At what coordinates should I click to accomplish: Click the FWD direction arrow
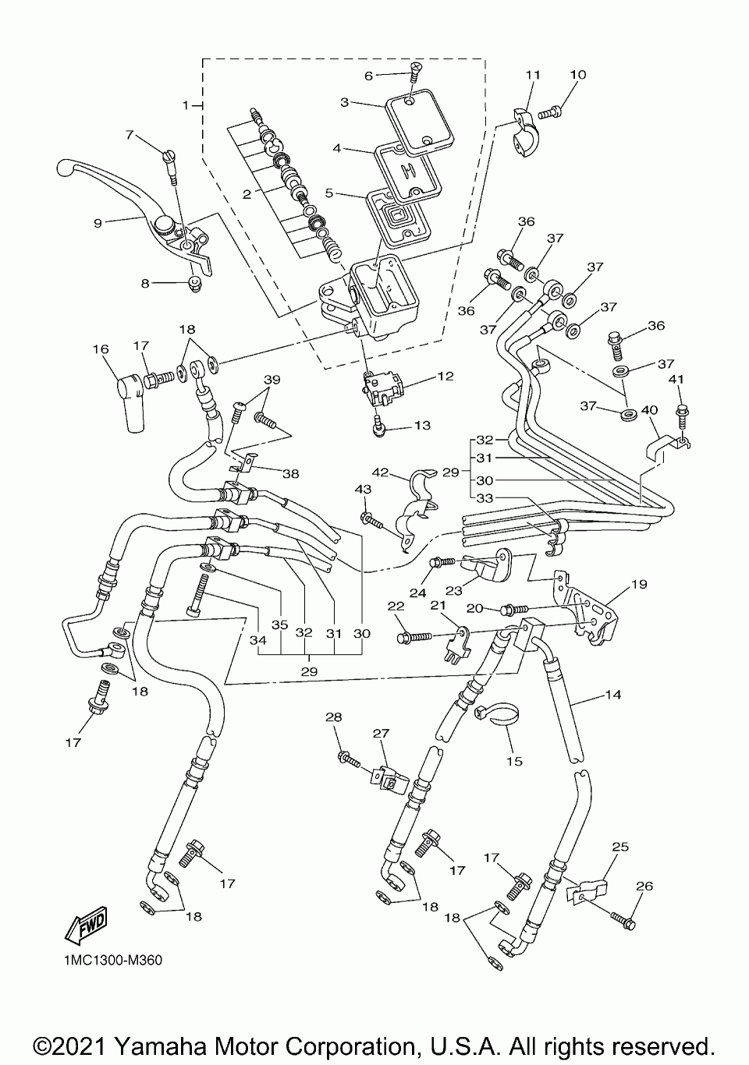(86, 924)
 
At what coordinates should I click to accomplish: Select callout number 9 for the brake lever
(98, 223)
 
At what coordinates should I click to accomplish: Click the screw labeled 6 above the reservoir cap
(415, 73)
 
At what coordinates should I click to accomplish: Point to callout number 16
(101, 349)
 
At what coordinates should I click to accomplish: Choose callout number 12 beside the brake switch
(445, 376)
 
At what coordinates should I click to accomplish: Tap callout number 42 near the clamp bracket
(380, 472)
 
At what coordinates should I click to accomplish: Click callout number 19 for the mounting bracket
(639, 584)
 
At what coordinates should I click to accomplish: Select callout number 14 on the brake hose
(613, 695)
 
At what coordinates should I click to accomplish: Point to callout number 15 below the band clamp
(515, 761)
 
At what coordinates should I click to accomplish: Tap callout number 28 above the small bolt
(334, 717)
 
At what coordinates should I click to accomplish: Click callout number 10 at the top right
(578, 75)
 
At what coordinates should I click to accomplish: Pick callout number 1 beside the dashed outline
(186, 105)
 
